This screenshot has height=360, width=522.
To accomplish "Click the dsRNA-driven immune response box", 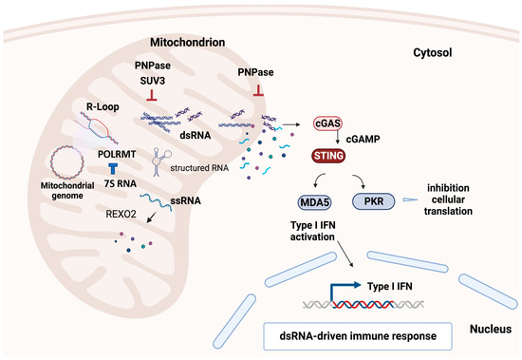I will click(350, 335).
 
